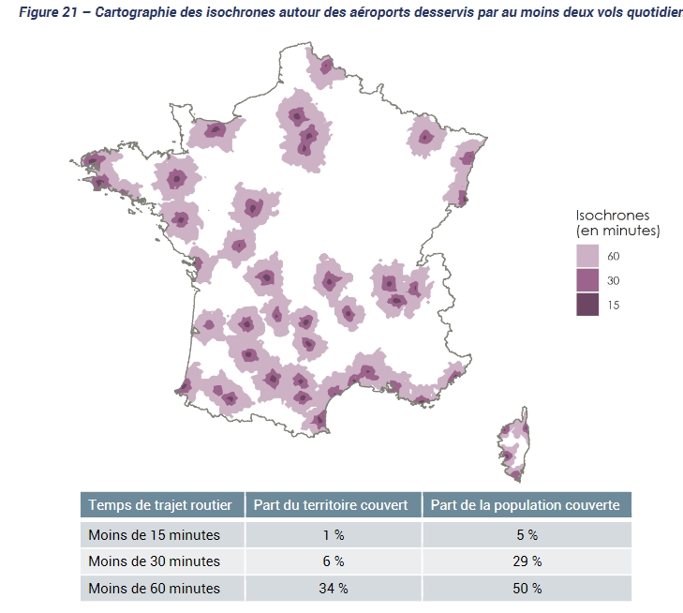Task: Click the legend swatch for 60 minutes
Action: pyautogui.click(x=587, y=256)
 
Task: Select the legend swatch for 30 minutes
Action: pyautogui.click(x=587, y=280)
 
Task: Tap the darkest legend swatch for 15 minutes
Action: pyautogui.click(x=587, y=304)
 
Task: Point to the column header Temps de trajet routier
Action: pyautogui.click(x=160, y=505)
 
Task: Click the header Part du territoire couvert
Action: pyautogui.click(x=332, y=505)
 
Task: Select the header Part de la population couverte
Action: pyautogui.click(x=525, y=505)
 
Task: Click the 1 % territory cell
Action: pyautogui.click(x=333, y=535)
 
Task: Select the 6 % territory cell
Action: pyautogui.click(x=333, y=561)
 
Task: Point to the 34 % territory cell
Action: pyautogui.click(x=333, y=589)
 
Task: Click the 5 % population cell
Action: pyautogui.click(x=527, y=535)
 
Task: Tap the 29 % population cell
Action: pyautogui.click(x=527, y=561)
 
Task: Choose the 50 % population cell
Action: pyautogui.click(x=527, y=589)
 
